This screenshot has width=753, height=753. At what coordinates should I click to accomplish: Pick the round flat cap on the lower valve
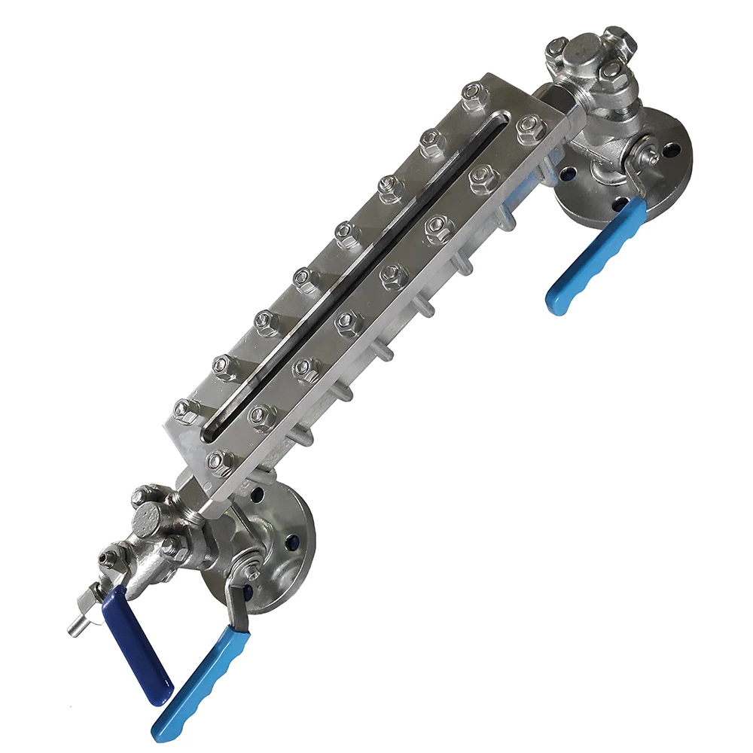tap(148, 519)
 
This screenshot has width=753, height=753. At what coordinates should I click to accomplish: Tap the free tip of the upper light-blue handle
tap(557, 304)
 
